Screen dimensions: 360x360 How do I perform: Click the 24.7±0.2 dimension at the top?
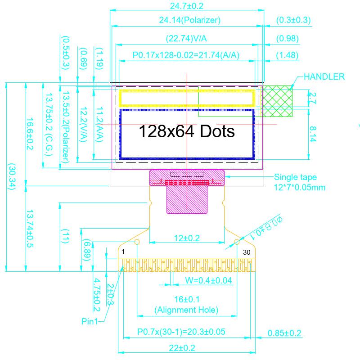187,6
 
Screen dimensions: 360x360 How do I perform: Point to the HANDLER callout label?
324,76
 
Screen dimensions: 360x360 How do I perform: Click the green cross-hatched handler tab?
278,101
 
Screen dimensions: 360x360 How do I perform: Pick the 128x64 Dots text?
186,131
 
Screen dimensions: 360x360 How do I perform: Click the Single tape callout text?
296,177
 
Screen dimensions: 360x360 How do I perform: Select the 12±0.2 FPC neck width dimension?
187,238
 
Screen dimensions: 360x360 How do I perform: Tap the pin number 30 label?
247,252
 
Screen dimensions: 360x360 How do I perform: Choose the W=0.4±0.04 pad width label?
209,281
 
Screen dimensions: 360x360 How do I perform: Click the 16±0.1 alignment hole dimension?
186,299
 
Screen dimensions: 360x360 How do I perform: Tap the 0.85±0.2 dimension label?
284,333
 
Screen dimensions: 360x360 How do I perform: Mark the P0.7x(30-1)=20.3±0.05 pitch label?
181,332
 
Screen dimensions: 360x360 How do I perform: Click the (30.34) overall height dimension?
11,176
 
